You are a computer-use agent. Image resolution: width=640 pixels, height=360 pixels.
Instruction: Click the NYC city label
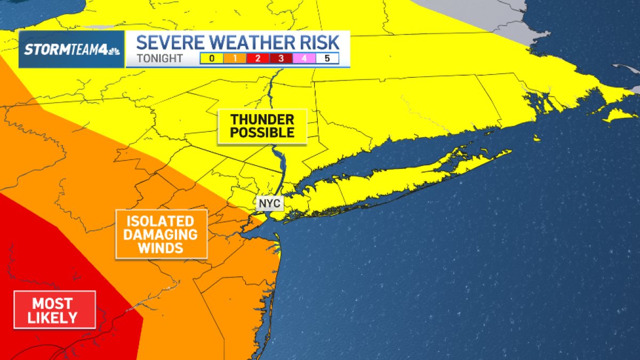click(x=269, y=203)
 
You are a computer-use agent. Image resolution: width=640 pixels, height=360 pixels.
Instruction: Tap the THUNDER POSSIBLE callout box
click(x=262, y=126)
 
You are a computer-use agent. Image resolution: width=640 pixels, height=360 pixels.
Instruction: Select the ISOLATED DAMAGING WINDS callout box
click(x=161, y=234)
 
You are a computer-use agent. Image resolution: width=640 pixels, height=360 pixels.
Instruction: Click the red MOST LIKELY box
click(x=54, y=310)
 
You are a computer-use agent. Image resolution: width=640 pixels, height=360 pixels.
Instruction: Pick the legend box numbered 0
click(x=212, y=58)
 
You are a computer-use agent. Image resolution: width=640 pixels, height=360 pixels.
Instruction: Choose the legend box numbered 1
click(x=235, y=58)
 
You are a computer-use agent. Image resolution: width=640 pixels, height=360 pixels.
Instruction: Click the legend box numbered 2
click(x=258, y=58)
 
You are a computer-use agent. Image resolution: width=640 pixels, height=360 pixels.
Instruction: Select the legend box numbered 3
click(x=281, y=58)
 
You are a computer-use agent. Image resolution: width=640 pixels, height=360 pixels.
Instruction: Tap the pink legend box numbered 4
click(x=304, y=58)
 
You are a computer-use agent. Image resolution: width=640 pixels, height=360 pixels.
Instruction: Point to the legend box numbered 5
click(x=327, y=58)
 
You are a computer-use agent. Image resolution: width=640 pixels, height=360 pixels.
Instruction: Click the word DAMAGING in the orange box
click(x=161, y=235)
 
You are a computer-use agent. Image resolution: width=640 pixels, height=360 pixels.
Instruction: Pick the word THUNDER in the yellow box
click(x=262, y=119)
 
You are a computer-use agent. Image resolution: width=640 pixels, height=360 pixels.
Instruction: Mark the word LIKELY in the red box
click(x=53, y=318)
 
